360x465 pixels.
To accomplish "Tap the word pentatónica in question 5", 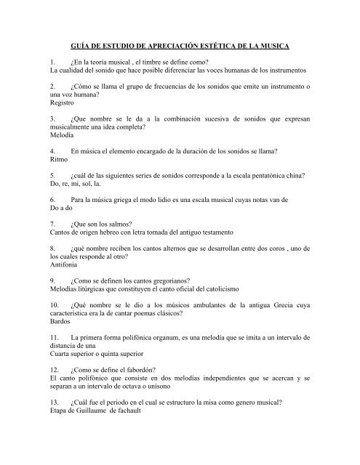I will [252, 176].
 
